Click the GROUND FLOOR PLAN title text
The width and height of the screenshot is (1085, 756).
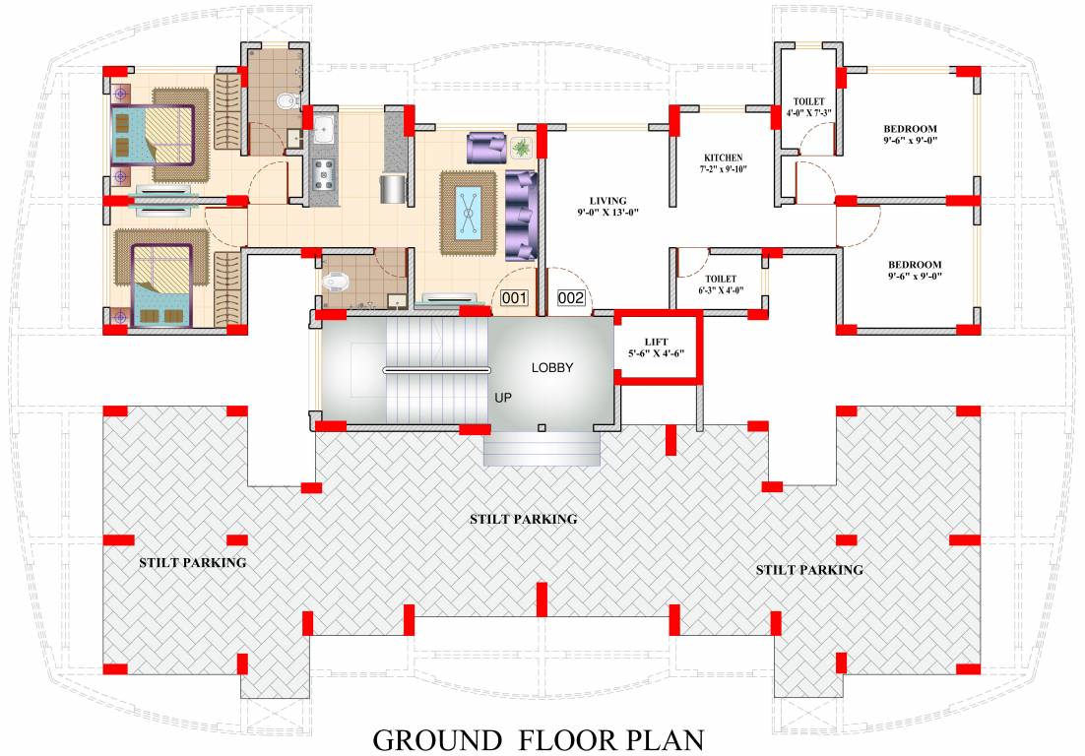click(x=538, y=739)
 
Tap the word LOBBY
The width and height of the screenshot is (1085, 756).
click(x=552, y=368)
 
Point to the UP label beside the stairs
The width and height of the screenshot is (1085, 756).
click(x=503, y=397)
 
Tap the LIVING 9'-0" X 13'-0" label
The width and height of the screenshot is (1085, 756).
click(x=608, y=206)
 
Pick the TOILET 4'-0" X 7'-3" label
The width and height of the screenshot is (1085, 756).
click(x=808, y=107)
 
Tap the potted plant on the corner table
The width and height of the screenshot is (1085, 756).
click(x=520, y=148)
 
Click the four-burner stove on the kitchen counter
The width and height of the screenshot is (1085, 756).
click(x=323, y=175)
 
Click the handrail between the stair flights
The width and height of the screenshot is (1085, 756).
click(x=435, y=370)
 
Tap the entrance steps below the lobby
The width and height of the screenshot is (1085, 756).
click(x=542, y=449)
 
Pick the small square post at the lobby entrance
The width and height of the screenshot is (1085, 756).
click(x=542, y=427)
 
